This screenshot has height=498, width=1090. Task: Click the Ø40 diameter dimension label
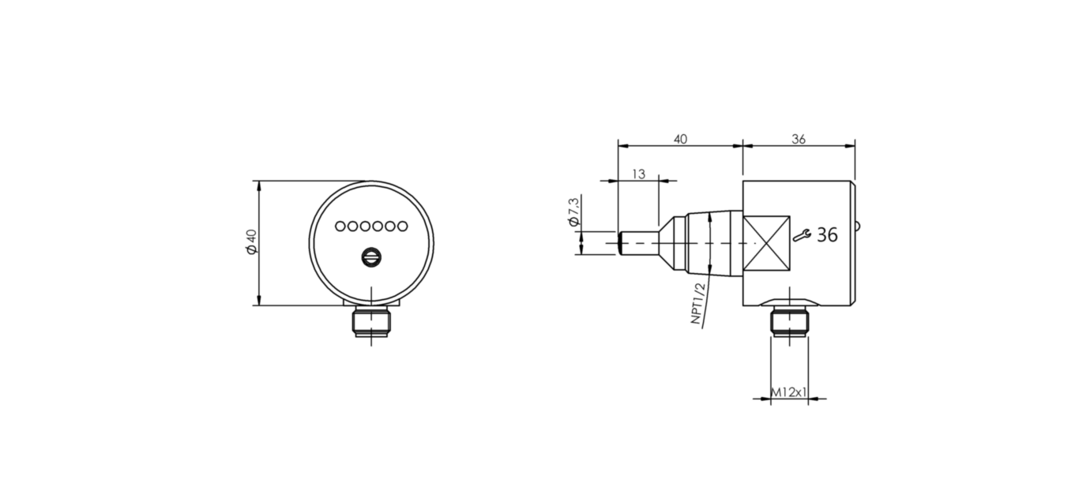(251, 242)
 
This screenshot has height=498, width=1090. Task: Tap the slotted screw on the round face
(371, 258)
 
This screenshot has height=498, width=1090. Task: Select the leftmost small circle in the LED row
(340, 227)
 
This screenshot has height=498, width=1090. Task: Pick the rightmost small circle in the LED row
(402, 227)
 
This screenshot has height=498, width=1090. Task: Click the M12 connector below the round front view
(371, 321)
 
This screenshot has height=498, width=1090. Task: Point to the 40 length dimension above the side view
(680, 140)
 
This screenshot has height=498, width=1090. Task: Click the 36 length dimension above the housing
(799, 140)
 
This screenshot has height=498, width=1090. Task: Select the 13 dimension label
(638, 174)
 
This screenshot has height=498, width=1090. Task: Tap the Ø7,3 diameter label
(574, 212)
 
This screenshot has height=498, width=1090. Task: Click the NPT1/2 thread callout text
(697, 303)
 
